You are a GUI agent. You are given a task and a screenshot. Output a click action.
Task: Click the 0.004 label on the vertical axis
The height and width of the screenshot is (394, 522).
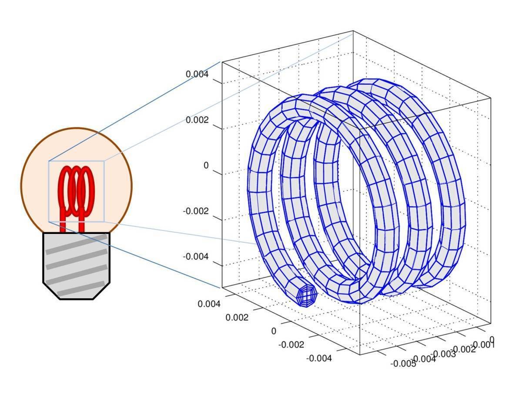click(197, 74)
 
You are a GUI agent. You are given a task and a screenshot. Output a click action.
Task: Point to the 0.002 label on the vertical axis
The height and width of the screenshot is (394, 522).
click(197, 120)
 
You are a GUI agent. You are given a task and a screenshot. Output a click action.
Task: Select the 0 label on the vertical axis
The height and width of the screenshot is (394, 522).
click(206, 166)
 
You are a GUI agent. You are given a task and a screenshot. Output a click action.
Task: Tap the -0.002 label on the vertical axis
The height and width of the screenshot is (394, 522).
click(196, 211)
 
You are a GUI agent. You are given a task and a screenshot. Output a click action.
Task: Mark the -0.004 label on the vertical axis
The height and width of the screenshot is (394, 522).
click(196, 257)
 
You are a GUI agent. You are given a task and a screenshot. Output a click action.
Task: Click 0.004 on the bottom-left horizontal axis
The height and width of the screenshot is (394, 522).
click(209, 304)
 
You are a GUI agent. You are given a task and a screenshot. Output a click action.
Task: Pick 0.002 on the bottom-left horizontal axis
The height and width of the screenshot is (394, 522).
click(237, 317)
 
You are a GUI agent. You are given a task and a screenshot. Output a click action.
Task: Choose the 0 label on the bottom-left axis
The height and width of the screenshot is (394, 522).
click(274, 331)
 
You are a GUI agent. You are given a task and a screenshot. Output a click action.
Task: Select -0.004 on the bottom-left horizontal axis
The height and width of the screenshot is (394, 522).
click(319, 358)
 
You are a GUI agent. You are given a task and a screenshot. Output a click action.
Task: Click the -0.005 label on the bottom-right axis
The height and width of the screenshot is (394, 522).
click(403, 364)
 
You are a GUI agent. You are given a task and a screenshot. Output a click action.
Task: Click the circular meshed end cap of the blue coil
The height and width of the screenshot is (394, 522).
click(308, 296)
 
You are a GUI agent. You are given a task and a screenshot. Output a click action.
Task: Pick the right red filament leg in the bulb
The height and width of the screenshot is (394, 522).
click(81, 224)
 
